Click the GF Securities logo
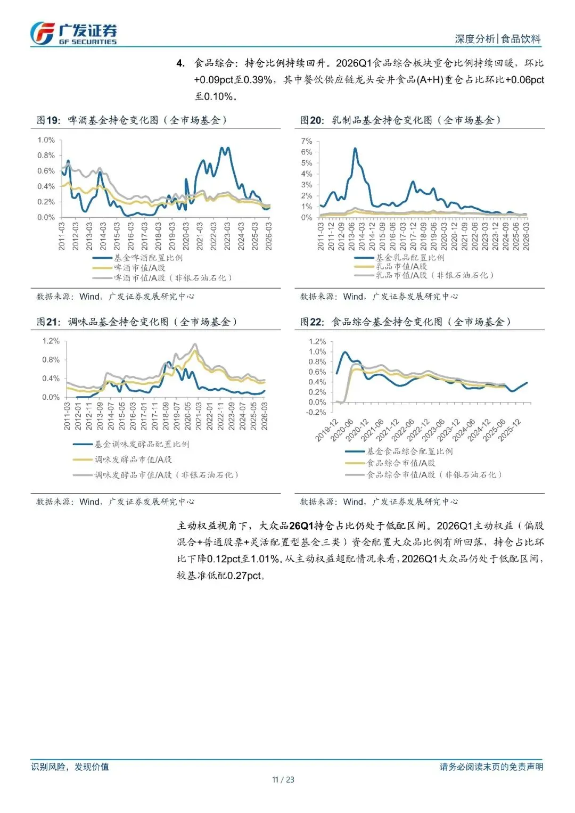pyautogui.click(x=73, y=34)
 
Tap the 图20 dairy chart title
pyautogui.click(x=400, y=120)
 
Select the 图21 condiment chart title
pyautogui.click(x=137, y=322)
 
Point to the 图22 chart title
pyautogui.click(x=406, y=322)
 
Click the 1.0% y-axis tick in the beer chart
pyautogui.click(x=46, y=140)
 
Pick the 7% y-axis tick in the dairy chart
pyautogui.click(x=307, y=141)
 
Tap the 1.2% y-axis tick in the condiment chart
pyautogui.click(x=51, y=341)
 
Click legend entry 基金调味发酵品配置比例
pyautogui.click(x=142, y=444)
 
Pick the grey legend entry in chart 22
pyautogui.click(x=434, y=474)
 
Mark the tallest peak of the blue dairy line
pyautogui.click(x=355, y=149)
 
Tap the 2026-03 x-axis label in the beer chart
pyautogui.click(x=269, y=236)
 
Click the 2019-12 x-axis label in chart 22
pyautogui.click(x=326, y=430)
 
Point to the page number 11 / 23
pyautogui.click(x=283, y=779)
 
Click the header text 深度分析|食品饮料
pyautogui.click(x=497, y=39)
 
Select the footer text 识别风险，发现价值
pyautogui.click(x=70, y=767)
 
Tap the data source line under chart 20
pyautogui.click(x=379, y=297)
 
